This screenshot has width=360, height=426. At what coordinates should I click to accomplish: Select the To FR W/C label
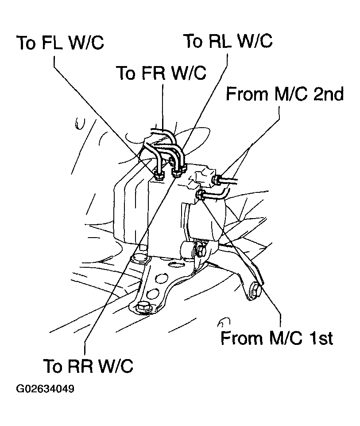click(x=161, y=73)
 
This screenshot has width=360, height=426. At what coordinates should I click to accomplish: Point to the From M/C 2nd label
click(x=285, y=94)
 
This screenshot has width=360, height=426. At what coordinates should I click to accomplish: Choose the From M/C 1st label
click(x=277, y=339)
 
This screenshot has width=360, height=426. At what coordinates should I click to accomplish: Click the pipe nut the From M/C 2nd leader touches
click(x=217, y=180)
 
